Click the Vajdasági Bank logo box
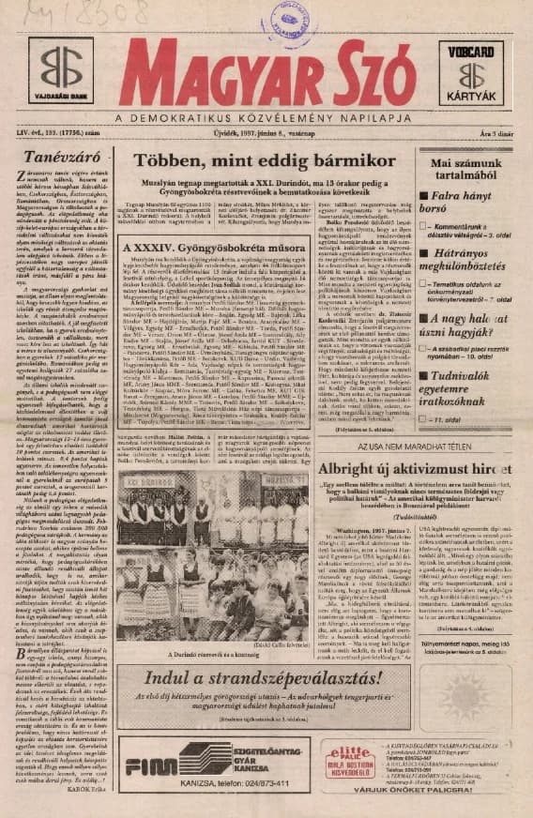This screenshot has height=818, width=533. click(60, 77)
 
